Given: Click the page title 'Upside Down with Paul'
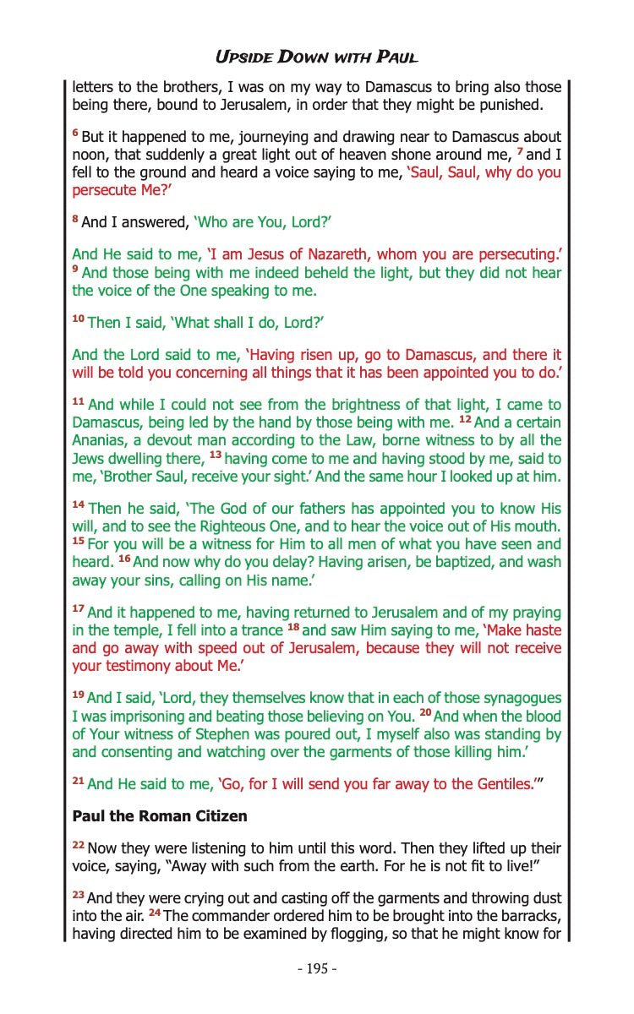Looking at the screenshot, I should (x=317, y=57).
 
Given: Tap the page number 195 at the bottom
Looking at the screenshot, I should (x=317, y=968).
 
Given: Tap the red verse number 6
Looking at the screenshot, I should (x=75, y=135).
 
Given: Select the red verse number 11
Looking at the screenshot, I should (x=78, y=404).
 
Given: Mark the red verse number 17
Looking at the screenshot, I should (x=78, y=611).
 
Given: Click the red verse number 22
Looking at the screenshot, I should (x=78, y=846).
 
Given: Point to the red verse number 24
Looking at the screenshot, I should (x=156, y=914).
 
